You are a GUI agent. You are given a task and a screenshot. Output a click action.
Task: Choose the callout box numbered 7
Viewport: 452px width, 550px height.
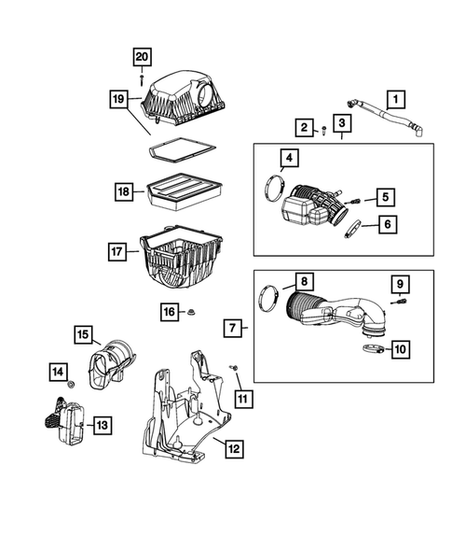[x=234, y=328]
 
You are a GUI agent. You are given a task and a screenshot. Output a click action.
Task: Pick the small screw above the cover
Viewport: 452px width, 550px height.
[x=142, y=80]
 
